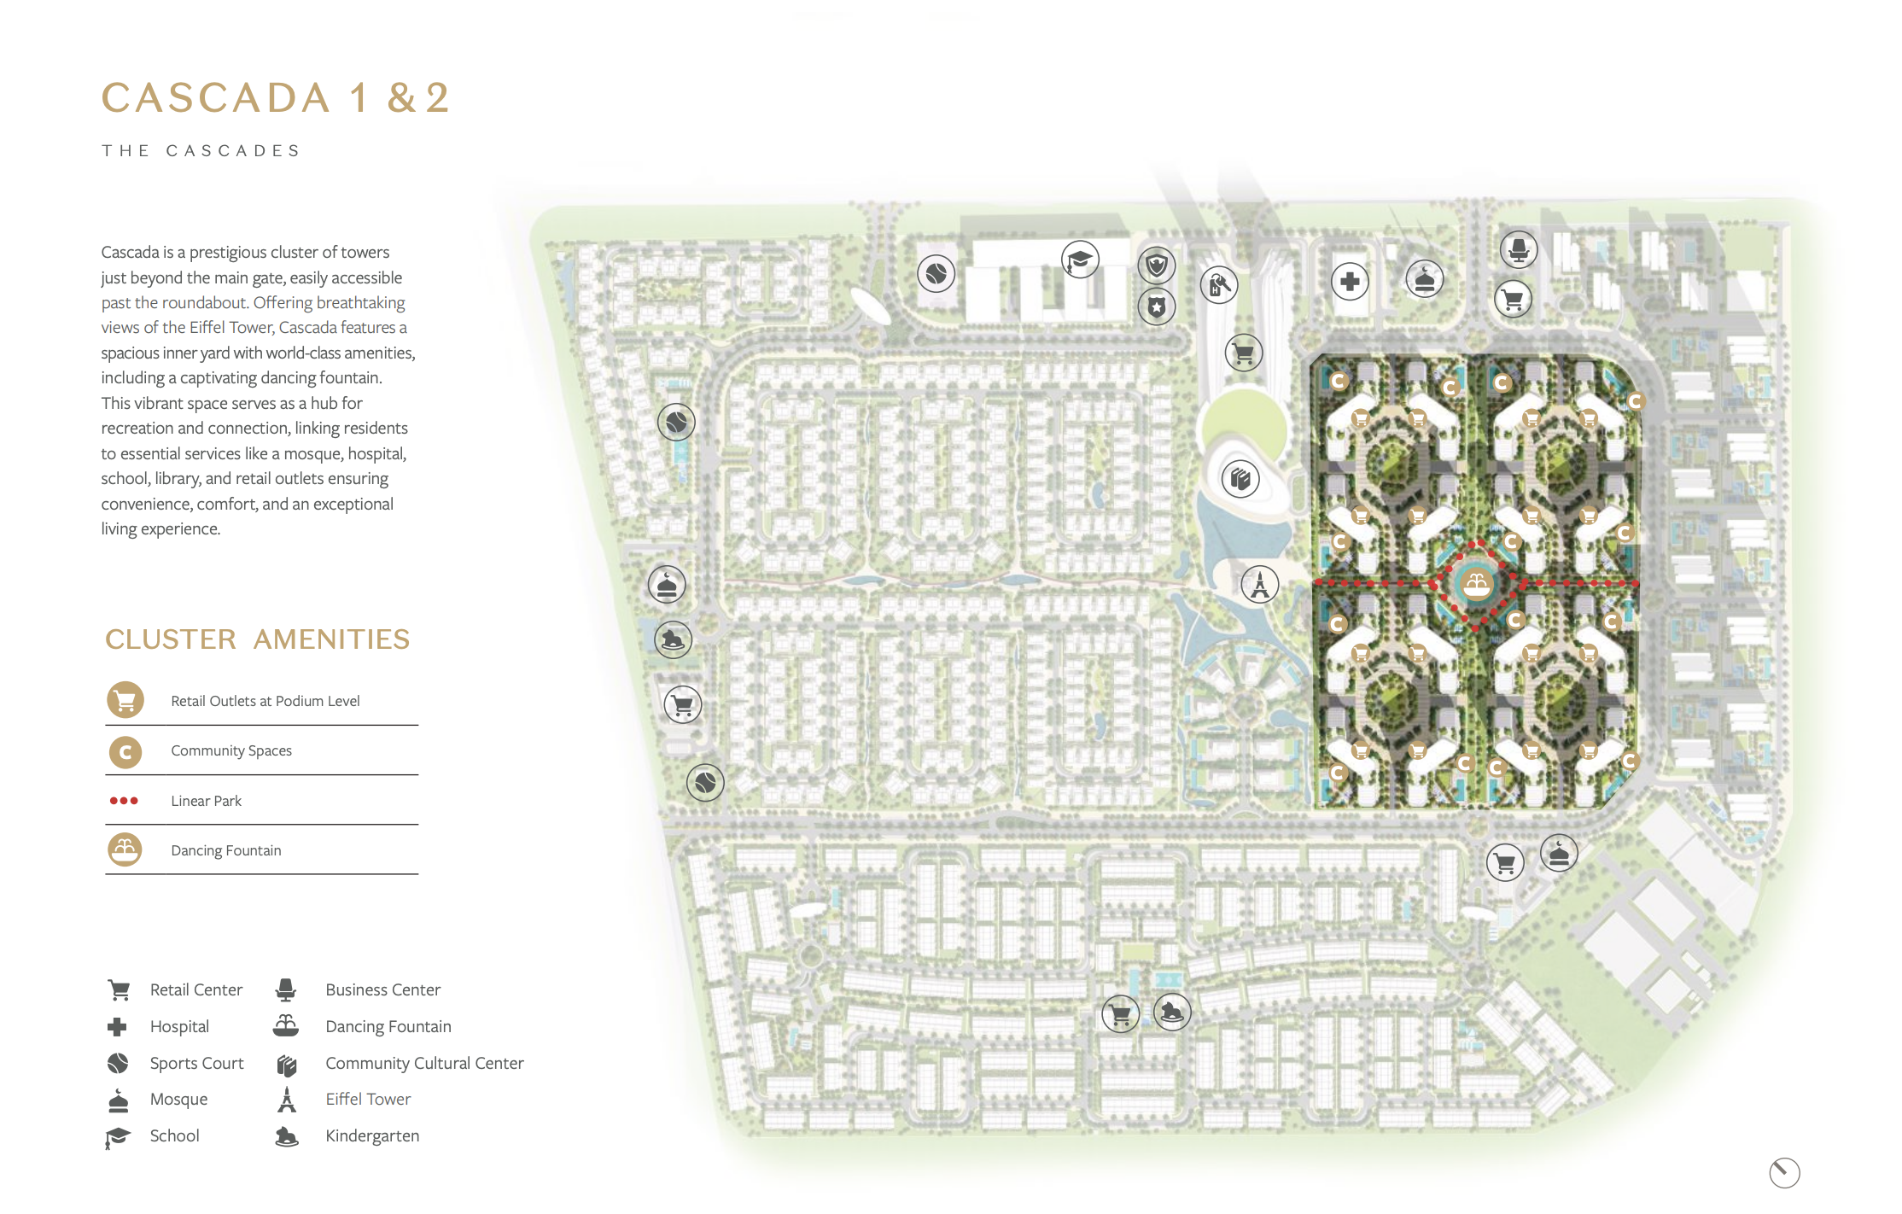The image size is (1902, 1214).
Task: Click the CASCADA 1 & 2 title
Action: pos(276,97)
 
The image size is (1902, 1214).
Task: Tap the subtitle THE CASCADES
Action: pos(201,151)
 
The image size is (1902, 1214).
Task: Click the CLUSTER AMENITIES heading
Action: pos(257,639)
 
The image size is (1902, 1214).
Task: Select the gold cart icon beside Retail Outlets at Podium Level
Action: pos(125,701)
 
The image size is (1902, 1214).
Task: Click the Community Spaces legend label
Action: pos(231,750)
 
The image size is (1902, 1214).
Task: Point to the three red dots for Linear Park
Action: pos(124,801)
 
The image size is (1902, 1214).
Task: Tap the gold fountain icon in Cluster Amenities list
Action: pos(125,849)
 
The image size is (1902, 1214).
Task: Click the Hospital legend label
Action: pos(179,1026)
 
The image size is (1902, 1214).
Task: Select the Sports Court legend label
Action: pos(196,1063)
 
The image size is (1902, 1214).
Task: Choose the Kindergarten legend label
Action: pos(372,1135)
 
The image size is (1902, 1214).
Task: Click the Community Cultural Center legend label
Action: pos(424,1063)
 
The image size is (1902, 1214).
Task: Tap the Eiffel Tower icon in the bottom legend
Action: pos(287,1100)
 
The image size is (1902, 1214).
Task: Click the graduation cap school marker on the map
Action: pos(1080,260)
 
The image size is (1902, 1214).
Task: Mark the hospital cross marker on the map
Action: pos(1350,282)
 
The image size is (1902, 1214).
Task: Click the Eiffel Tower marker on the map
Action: pos(1259,585)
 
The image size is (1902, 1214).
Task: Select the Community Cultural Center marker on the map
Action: pos(1240,479)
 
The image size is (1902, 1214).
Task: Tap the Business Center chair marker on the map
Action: pos(1518,250)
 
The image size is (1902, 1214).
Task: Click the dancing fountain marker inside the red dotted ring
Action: pos(1476,585)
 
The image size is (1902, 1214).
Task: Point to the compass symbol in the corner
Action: pos(1784,1172)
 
